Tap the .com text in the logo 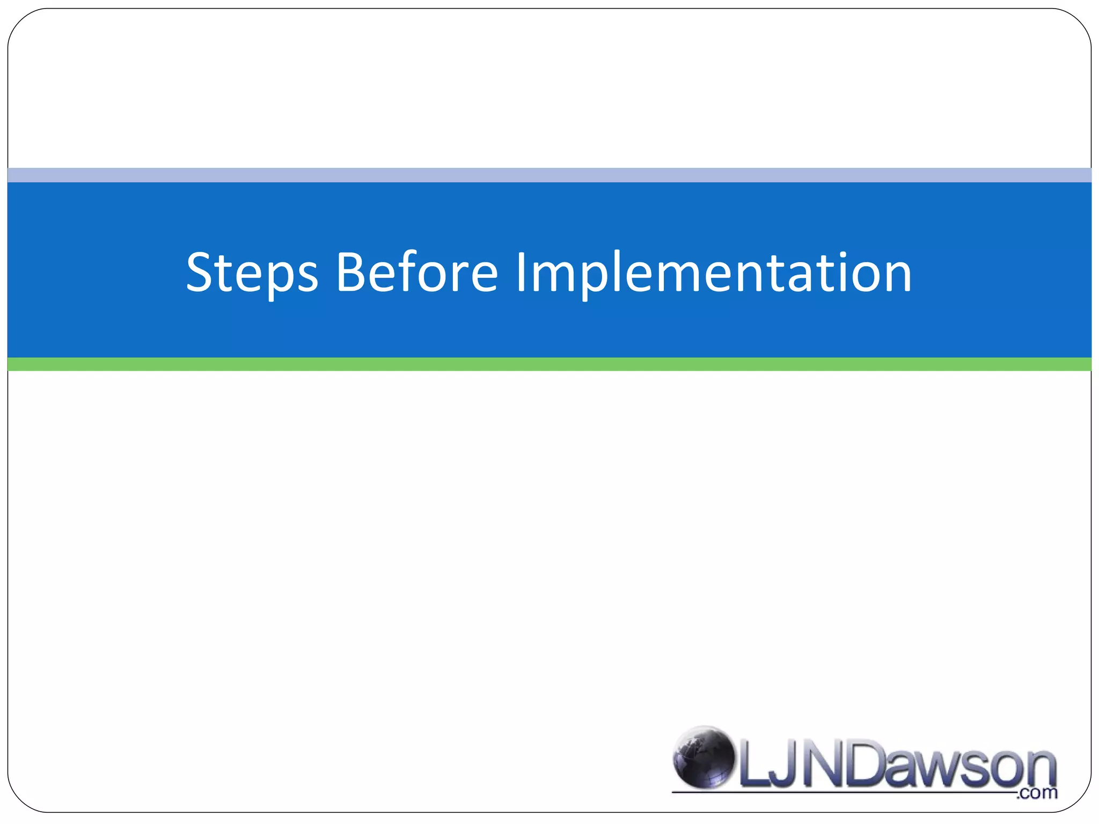coord(1037,793)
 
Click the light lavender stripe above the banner coord(549,175)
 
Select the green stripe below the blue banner coord(549,364)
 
